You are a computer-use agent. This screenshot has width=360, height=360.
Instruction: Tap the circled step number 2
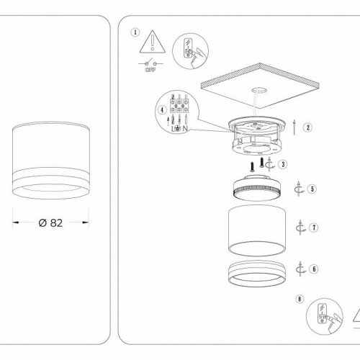coord(307,127)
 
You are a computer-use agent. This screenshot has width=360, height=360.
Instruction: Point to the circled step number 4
coord(161,109)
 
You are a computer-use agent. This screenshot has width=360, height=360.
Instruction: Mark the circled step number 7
coord(314,228)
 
